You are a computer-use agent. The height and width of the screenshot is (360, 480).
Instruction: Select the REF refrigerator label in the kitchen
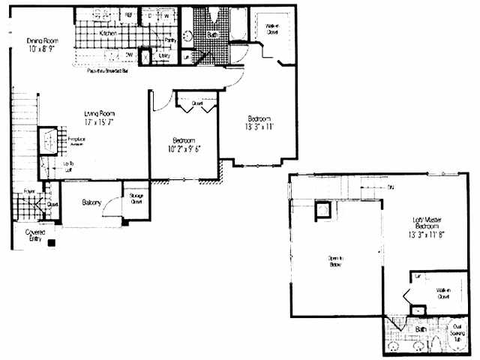[x=128, y=14]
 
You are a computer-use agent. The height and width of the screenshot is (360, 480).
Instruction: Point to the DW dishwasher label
[x=130, y=54]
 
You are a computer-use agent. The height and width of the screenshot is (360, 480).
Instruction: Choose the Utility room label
[x=165, y=55]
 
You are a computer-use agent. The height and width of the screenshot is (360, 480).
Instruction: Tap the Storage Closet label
[x=136, y=198]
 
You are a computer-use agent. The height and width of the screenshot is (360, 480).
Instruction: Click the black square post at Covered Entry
[x=51, y=243]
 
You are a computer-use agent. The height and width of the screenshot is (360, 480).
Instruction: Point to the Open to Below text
[x=335, y=262]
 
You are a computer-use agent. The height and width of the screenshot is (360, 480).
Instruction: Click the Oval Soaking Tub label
[x=456, y=329]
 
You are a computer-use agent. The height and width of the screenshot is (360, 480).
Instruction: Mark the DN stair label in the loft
[x=391, y=188]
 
